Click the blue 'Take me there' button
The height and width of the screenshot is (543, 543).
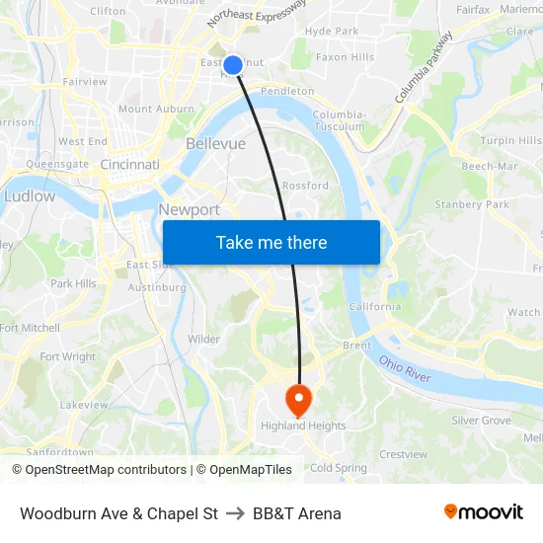coord(271,242)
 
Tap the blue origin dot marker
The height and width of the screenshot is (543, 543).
coord(233,65)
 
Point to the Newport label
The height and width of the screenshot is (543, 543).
coord(190,209)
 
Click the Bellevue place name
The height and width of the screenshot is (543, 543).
coord(215,144)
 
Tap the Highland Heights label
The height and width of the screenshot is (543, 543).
coord(303,427)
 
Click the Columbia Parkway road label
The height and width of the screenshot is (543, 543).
coord(424,67)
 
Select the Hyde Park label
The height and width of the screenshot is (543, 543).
coord(332,32)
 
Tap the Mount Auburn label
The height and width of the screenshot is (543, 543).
coord(149,109)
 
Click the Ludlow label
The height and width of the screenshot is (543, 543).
coord(30,196)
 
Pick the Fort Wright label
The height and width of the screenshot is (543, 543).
coord(67,357)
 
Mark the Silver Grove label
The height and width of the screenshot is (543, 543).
coord(481,421)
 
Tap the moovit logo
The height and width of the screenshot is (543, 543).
coord(483,512)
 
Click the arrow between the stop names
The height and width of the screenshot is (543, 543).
coord(235,513)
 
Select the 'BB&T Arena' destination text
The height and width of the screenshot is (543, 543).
coord(297,513)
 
